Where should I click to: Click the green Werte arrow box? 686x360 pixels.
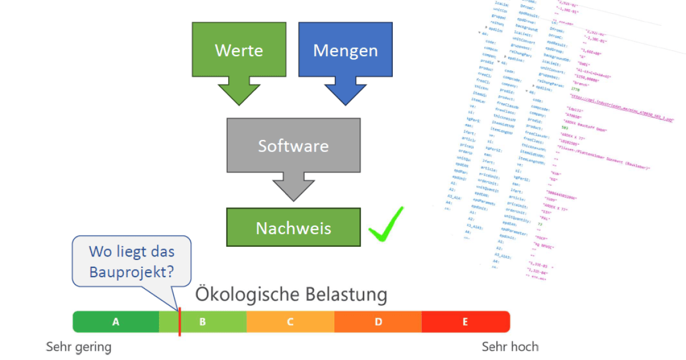(x=238, y=50)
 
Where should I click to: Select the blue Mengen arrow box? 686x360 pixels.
(x=345, y=50)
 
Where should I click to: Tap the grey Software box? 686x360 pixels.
(x=293, y=145)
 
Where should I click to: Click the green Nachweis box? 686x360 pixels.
(x=293, y=228)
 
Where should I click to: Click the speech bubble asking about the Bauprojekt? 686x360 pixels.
(x=131, y=261)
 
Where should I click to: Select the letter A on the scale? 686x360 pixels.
(x=115, y=322)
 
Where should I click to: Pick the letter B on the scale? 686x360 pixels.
(x=202, y=322)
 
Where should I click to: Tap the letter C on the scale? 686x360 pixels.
(x=290, y=322)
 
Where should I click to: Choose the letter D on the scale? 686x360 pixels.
(x=378, y=322)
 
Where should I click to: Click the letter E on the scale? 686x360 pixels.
(x=465, y=322)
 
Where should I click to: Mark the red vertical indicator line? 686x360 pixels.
(x=180, y=321)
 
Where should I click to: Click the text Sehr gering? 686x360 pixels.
(x=78, y=347)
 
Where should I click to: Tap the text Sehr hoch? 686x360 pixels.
(x=510, y=347)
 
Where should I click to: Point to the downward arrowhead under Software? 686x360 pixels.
(x=293, y=187)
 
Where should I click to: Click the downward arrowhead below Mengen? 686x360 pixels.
(x=345, y=92)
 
